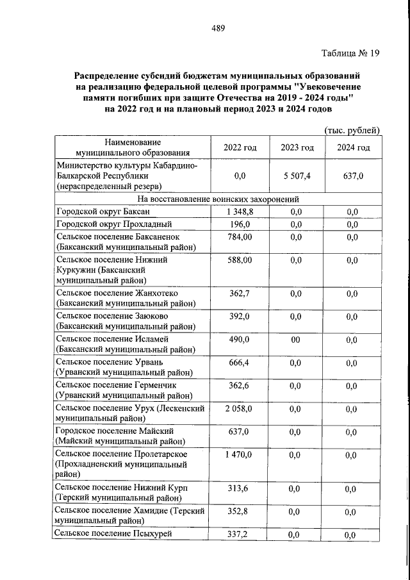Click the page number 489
[217, 28]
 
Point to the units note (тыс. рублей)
[352, 130]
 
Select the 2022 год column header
[240, 148]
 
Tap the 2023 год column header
[297, 148]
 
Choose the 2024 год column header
[354, 148]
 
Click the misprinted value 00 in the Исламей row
[295, 340]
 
